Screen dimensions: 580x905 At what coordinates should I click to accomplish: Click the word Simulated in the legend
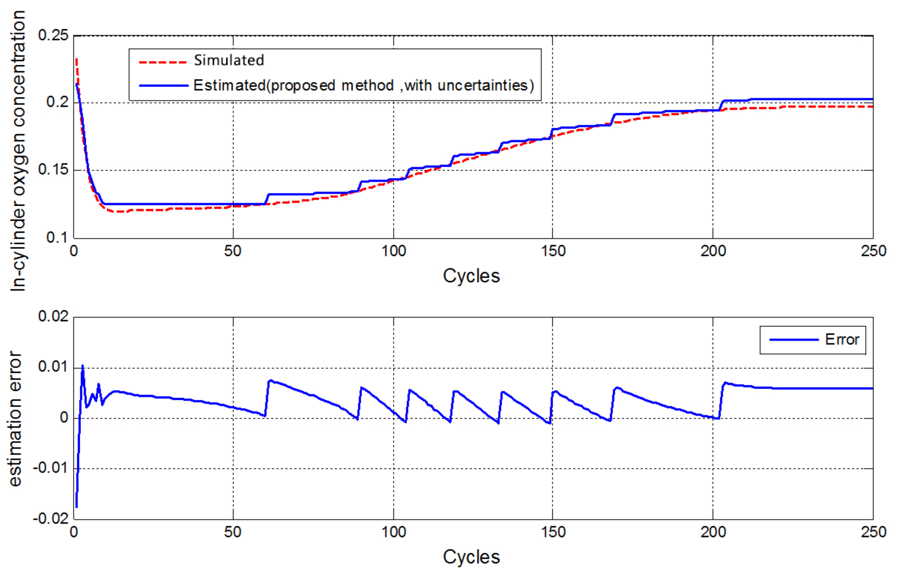pos(229,60)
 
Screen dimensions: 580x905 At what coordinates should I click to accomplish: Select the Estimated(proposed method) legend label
pos(363,85)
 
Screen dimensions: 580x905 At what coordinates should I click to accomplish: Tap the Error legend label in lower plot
pos(842,340)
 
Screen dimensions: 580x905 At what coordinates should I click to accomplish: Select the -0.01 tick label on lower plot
pos(51,468)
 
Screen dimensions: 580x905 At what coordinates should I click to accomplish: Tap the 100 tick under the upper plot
pos(393,251)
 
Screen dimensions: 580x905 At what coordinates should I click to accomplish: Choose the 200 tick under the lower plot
pos(713,532)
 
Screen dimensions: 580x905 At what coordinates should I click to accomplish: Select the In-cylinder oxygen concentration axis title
pos(18,151)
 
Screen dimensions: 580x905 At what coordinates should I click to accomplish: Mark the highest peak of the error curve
pos(83,365)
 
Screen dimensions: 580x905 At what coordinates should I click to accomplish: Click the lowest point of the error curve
pos(76,507)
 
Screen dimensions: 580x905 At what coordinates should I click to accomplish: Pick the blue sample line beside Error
pos(794,340)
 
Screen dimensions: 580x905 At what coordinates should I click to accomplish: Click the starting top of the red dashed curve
pos(76,59)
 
